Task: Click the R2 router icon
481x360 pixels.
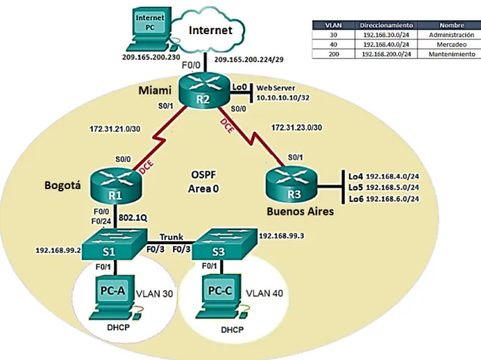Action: [x=204, y=90]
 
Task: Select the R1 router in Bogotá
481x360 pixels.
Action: [x=116, y=186]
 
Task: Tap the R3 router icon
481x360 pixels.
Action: [x=292, y=185]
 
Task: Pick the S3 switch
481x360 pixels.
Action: [x=225, y=244]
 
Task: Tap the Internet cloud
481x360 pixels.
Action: [x=208, y=31]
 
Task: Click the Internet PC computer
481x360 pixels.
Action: [x=150, y=29]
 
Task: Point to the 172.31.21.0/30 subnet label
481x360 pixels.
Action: [x=115, y=129]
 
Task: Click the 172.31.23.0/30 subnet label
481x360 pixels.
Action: [x=296, y=127]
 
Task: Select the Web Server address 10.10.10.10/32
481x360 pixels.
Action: [x=283, y=98]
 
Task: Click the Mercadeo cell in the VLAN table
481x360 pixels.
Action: [x=452, y=45]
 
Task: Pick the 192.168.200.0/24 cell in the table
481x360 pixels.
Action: [x=386, y=54]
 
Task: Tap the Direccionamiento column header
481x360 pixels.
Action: [x=386, y=25]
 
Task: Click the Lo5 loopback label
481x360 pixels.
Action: [x=356, y=188]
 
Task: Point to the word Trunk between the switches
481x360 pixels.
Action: [x=171, y=237]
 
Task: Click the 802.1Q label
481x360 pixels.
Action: [x=133, y=218]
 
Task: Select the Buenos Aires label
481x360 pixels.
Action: [x=300, y=211]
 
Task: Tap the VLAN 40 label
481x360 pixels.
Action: [x=265, y=293]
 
